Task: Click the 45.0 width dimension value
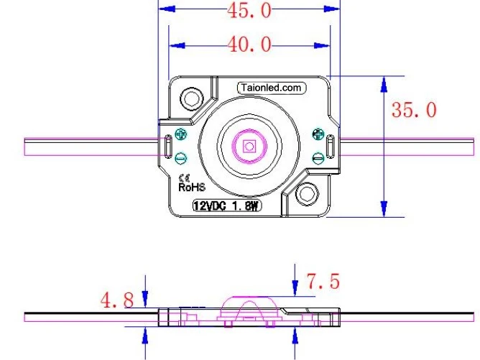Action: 249,10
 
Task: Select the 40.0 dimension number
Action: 249,44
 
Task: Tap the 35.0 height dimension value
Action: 414,110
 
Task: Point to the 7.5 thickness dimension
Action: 323,281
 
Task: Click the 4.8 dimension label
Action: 117,300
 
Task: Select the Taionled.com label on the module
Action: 271,88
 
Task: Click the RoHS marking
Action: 192,187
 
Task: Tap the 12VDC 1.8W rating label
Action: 227,206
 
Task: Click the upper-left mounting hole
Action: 192,98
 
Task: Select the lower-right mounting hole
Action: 307,194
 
